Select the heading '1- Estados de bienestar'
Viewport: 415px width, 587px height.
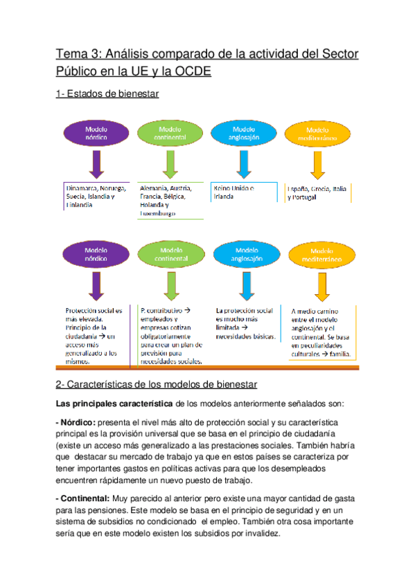click(107, 94)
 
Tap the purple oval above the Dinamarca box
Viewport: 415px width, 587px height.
click(96, 133)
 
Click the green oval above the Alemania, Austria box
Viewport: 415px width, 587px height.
click(170, 133)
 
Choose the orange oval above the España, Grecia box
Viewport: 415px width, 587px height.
click(317, 134)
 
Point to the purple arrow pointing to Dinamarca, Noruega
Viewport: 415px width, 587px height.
click(96, 165)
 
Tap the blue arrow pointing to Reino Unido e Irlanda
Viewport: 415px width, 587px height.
click(243, 165)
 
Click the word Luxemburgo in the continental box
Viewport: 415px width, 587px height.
click(157, 214)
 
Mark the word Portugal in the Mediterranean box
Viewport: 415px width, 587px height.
click(301, 198)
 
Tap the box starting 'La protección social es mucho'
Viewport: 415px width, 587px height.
click(245, 324)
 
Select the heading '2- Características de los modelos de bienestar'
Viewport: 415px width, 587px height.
click(157, 384)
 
